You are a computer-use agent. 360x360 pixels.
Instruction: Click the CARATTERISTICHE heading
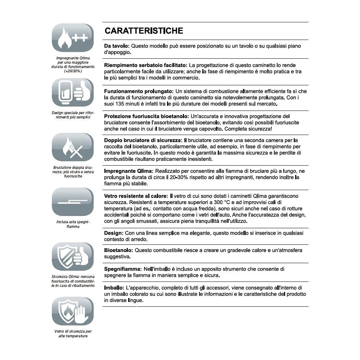click(x=144, y=31)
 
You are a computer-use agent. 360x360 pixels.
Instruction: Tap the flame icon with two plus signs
click(x=73, y=38)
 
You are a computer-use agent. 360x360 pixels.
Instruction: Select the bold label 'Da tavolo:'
click(x=117, y=46)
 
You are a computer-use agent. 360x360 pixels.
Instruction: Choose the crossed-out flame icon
click(x=73, y=148)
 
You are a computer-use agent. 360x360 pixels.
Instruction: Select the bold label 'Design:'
click(x=114, y=233)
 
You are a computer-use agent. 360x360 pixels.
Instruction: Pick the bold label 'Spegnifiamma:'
click(x=123, y=269)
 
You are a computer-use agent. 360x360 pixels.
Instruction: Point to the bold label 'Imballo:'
click(x=114, y=288)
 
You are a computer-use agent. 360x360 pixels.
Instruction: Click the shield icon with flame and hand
click(x=73, y=311)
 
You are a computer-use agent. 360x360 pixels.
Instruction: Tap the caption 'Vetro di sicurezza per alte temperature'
click(x=73, y=333)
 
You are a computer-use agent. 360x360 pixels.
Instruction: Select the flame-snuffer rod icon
click(x=73, y=202)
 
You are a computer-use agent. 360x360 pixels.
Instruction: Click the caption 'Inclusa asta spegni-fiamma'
click(x=73, y=224)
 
